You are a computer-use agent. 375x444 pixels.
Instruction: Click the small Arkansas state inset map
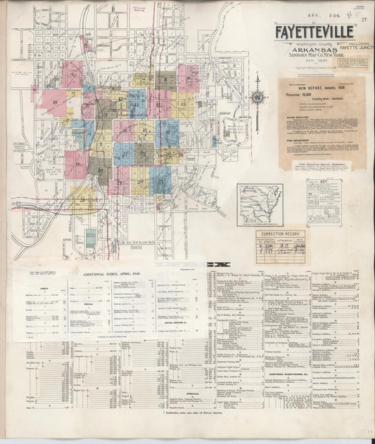260,204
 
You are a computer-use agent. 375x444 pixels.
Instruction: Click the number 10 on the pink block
54,103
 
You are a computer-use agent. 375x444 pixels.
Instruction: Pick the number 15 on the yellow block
184,105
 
